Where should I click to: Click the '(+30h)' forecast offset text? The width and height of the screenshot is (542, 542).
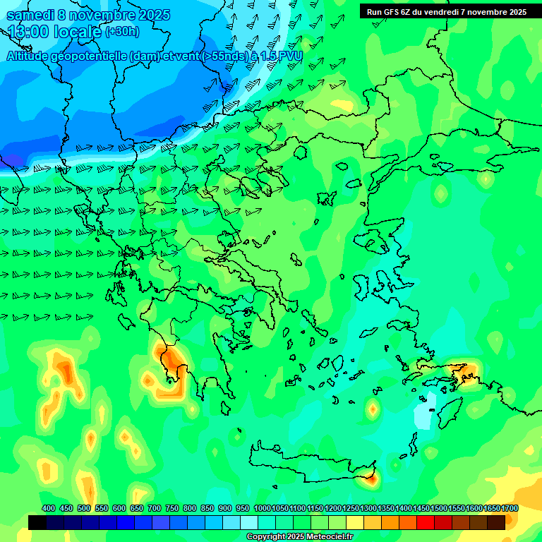122,32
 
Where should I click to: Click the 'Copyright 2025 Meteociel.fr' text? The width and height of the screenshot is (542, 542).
299,536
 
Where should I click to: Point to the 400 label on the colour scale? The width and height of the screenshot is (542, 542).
49,508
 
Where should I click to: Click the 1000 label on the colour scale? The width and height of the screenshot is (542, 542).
263,508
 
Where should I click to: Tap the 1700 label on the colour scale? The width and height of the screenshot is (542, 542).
510,508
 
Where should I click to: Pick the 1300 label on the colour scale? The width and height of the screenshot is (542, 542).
368,508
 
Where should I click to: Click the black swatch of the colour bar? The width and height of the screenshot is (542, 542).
37,522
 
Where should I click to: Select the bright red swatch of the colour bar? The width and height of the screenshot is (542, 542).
425,522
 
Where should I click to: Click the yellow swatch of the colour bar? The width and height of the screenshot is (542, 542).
354,522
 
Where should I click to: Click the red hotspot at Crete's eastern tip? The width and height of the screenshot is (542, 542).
370,479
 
